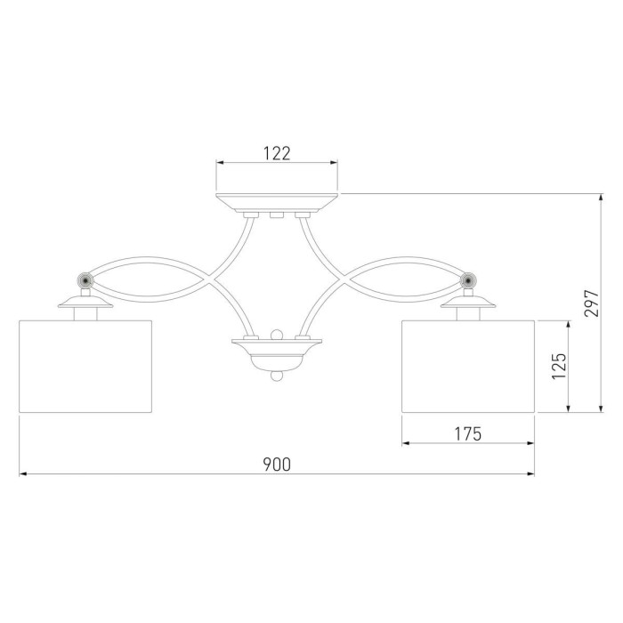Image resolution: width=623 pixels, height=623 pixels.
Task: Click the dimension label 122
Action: [277, 153]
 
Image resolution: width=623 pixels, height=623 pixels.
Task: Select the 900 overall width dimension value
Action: [277, 464]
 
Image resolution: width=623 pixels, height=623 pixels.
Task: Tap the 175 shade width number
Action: [467, 434]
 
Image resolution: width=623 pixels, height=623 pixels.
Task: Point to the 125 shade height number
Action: [559, 366]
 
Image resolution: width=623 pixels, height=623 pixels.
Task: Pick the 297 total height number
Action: [591, 303]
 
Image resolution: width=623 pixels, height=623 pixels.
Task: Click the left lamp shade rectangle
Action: [85, 366]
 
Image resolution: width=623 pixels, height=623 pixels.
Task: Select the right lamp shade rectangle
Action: [468, 366]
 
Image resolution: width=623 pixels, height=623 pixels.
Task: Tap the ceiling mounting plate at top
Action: [277, 203]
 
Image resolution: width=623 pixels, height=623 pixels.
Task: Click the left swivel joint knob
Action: [85, 280]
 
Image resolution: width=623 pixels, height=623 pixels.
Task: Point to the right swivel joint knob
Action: [468, 280]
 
